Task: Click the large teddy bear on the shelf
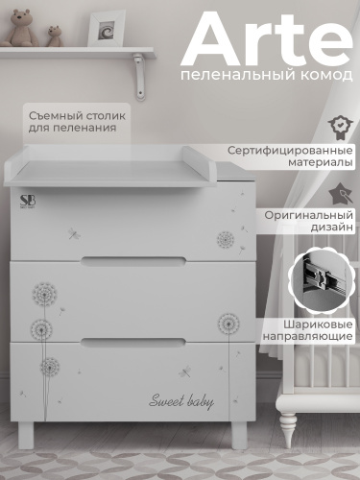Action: point(20,30)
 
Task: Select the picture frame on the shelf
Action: point(107,29)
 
